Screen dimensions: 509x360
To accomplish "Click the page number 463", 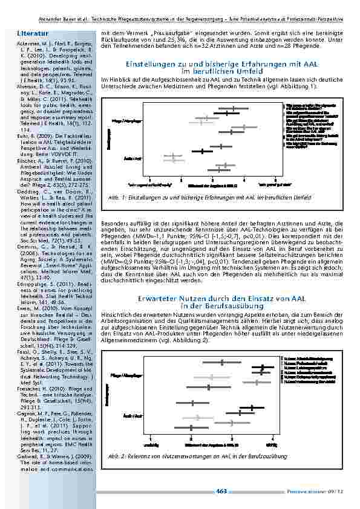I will pos(221,490).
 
